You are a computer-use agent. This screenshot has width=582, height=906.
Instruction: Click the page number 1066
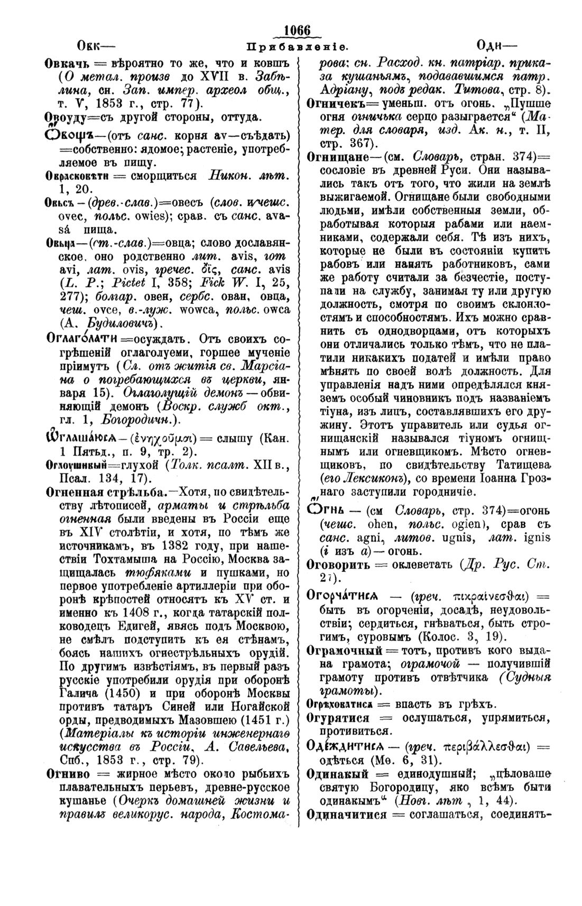[x=296, y=31]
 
